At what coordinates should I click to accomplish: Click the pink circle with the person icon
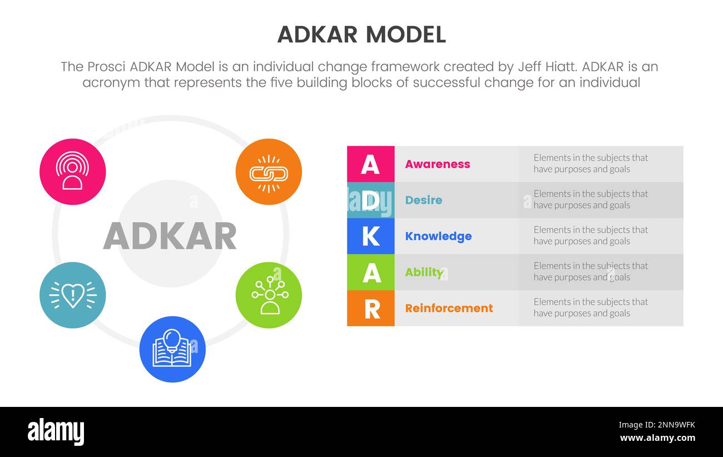(72, 172)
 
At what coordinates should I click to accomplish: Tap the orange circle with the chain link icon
(269, 172)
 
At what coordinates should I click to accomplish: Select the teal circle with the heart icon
(72, 295)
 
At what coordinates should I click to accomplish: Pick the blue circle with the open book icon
(172, 350)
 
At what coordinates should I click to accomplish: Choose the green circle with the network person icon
(269, 295)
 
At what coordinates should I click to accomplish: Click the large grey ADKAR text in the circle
(170, 236)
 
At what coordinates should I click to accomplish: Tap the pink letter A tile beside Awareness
(370, 164)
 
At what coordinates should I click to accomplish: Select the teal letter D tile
(370, 200)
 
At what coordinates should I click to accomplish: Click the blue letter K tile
(370, 236)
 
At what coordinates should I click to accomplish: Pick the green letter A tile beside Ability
(370, 272)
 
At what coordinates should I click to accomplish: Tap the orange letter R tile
(370, 308)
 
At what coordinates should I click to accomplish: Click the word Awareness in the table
(437, 164)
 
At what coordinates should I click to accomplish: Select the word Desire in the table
(423, 200)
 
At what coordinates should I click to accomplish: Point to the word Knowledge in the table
(438, 236)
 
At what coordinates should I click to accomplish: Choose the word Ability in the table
(424, 272)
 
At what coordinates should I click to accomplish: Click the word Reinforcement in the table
(449, 308)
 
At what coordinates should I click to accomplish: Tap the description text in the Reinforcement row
(590, 307)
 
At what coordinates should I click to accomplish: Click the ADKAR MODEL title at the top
(361, 35)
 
